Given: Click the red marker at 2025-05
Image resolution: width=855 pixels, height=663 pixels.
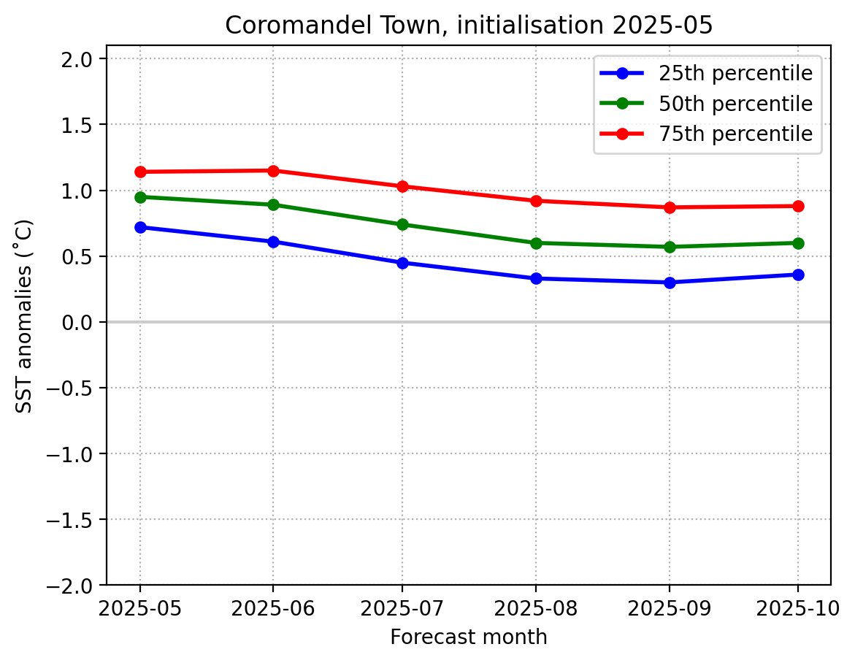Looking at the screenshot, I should [x=140, y=172].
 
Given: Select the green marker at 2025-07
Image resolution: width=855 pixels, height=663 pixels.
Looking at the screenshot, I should [x=402, y=224].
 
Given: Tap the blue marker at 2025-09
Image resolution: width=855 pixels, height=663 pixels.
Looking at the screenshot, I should [x=670, y=283].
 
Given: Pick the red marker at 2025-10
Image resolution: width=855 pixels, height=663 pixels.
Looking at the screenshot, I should [x=797, y=206].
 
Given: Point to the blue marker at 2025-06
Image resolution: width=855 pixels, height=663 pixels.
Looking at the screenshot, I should [x=273, y=242].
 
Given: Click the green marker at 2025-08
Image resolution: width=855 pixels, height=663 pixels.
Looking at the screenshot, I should [x=536, y=243].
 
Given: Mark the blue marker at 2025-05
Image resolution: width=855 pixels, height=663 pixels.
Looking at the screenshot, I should [x=140, y=227].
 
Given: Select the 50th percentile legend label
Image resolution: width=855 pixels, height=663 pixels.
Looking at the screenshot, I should [x=735, y=104].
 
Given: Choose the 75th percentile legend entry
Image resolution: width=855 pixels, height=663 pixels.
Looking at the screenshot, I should [x=735, y=134].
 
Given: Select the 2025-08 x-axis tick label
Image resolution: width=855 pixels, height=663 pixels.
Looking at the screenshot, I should [x=536, y=608].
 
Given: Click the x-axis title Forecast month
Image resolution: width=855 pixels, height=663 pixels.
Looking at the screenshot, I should [x=468, y=637].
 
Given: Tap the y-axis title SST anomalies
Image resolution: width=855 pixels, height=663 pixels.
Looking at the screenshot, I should [x=25, y=315].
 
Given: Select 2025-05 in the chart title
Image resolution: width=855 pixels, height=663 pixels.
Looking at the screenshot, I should [x=663, y=26].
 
